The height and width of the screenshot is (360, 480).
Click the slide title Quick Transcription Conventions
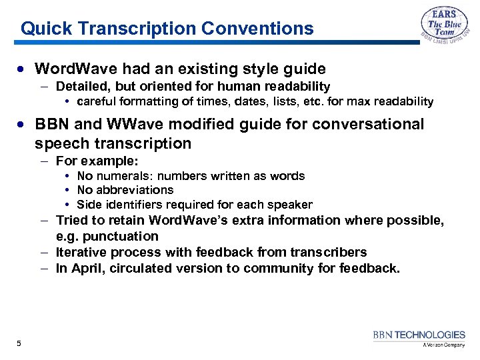(167, 29)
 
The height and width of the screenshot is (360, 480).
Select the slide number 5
(19, 343)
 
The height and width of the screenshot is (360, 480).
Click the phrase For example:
(97, 161)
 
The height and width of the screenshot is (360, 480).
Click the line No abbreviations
(125, 190)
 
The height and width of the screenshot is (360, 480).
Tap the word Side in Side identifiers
(88, 205)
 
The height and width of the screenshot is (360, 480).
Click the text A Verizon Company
(443, 345)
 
